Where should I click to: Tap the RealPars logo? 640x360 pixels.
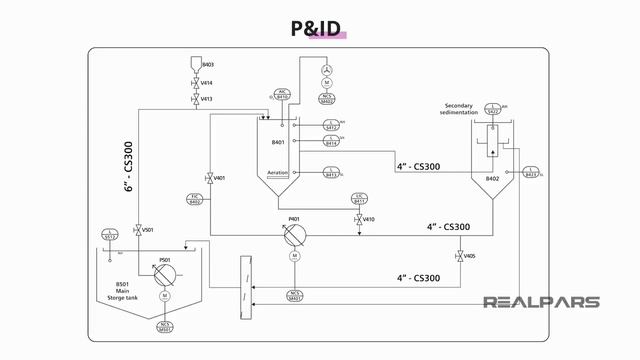[541, 302]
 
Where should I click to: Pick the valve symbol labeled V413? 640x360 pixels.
[195, 100]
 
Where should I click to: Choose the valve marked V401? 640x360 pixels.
[208, 178]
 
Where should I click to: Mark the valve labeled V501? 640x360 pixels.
[137, 230]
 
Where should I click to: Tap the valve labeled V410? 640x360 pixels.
[358, 219]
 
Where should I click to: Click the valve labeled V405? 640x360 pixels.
[459, 257]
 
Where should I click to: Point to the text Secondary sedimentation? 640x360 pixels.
[467, 108]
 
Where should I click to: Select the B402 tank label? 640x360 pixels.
[492, 179]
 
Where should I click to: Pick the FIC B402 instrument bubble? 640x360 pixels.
[196, 199]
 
